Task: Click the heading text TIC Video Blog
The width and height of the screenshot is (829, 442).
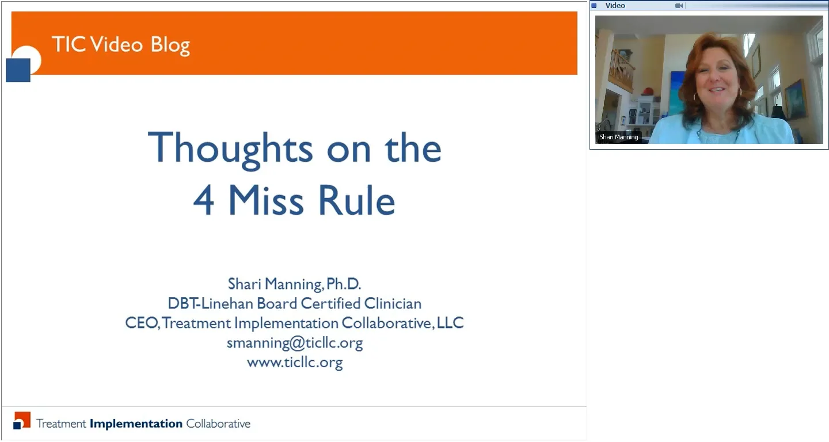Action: pos(120,45)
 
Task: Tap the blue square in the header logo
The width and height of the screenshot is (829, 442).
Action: pos(18,70)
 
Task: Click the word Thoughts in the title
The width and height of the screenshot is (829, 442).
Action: pos(230,148)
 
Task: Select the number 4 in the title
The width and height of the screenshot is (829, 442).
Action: pos(203,200)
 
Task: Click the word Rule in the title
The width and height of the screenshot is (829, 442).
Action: pos(358,200)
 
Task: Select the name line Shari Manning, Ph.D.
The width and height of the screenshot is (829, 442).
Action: pos(294,284)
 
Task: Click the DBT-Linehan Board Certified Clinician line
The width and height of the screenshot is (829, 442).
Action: pos(294,303)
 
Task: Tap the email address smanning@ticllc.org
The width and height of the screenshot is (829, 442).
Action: pos(294,343)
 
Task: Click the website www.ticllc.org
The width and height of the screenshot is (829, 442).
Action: pos(294,363)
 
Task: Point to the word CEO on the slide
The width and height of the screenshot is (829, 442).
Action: pos(142,323)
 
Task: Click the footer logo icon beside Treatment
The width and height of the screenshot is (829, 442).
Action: pos(21,421)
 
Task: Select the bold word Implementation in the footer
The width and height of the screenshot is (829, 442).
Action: pos(136,424)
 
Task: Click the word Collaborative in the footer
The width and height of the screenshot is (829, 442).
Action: pos(218,424)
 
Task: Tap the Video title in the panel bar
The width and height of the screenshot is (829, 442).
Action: pos(615,6)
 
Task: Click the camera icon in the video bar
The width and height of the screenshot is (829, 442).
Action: pos(679,6)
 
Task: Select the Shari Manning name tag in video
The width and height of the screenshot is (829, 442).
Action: pos(618,138)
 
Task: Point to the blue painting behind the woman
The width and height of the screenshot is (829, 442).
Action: pos(676,92)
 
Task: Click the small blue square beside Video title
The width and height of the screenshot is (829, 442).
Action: pos(594,6)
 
